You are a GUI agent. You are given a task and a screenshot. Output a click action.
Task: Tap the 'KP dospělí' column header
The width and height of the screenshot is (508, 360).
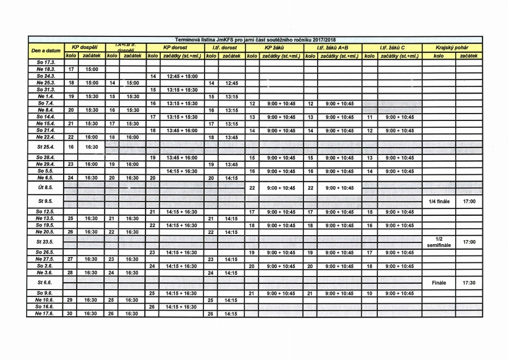coord(84,48)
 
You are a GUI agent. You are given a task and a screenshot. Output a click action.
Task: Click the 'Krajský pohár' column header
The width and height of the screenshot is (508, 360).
coord(452,48)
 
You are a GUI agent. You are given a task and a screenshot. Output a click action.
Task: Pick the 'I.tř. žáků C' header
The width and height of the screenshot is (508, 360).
coord(392,48)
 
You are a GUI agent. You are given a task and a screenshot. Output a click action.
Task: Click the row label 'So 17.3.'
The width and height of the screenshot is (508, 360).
coord(45,62)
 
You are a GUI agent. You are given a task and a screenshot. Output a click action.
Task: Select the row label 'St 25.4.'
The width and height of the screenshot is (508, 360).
coord(45,146)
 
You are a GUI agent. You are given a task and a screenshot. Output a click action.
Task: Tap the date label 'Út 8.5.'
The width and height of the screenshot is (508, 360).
coord(45,187)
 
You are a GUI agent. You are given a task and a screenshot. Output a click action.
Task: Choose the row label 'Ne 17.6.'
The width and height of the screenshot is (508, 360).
coord(45,313)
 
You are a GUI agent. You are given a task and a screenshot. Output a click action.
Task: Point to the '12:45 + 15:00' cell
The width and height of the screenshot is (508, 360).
coord(182,76)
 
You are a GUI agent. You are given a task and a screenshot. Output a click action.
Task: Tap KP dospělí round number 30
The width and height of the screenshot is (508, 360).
coord(70,313)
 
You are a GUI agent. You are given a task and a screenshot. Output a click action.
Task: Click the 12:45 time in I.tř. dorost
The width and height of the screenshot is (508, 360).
coord(231,83)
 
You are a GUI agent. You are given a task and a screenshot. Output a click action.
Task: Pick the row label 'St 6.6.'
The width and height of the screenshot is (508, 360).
coord(45,282)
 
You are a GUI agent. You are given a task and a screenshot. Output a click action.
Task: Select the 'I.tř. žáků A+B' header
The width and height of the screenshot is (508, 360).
coord(332,48)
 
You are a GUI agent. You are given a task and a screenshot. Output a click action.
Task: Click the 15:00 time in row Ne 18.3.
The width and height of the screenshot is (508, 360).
coord(91,69)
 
